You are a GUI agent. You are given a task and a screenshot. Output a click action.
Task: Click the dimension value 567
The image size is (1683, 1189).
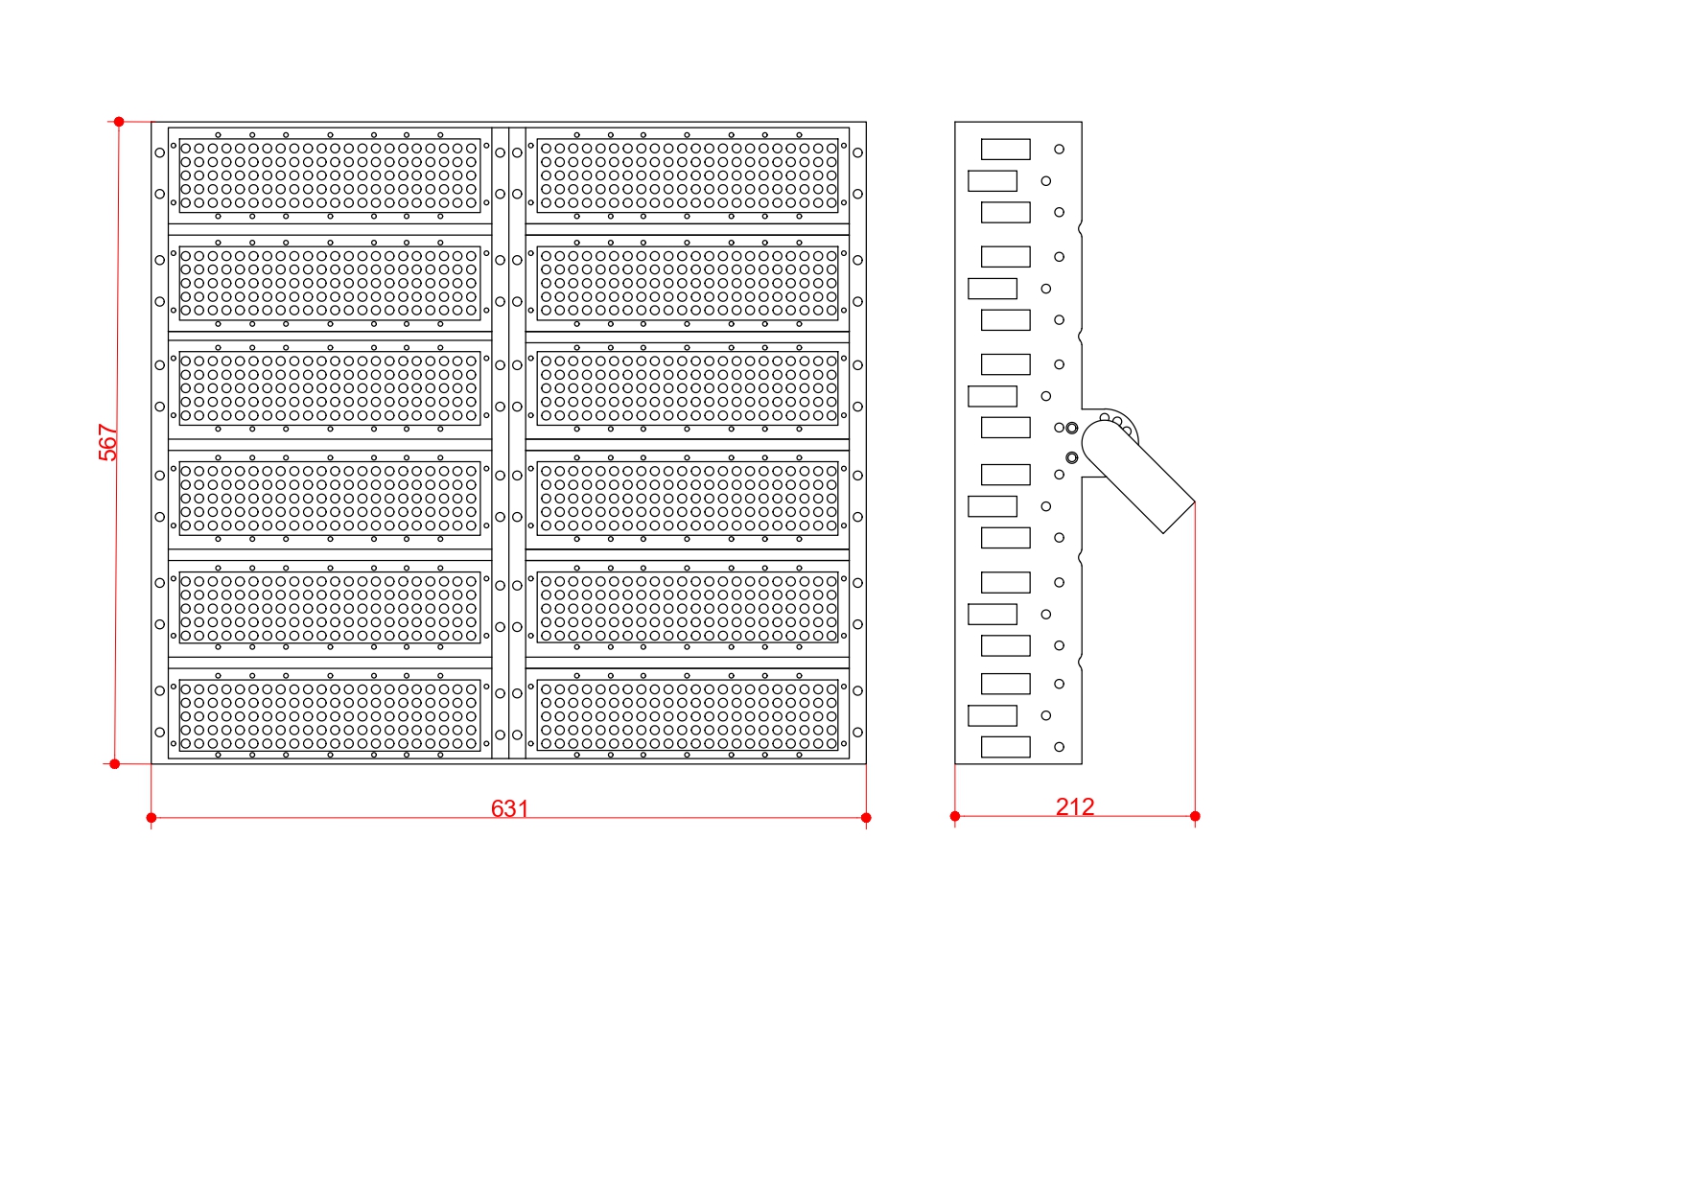pos(108,442)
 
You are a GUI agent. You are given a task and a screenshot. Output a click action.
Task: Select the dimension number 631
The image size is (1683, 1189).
pos(509,808)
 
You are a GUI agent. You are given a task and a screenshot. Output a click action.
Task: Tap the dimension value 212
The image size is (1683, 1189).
pos(1075,806)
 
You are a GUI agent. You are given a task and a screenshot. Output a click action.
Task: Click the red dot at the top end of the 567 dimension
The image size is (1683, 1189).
pos(119,122)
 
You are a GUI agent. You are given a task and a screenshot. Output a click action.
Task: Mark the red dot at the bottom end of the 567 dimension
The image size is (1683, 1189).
pos(115,764)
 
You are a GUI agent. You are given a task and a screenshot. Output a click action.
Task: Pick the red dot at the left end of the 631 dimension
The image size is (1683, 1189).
pos(152,818)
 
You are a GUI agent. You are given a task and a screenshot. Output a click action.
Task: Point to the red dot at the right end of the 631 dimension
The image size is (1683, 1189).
pos(866,818)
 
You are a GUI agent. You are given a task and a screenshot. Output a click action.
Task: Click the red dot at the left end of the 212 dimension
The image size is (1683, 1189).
pos(955,816)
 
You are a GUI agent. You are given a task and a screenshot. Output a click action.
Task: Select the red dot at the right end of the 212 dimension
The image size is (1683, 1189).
pos(1195,816)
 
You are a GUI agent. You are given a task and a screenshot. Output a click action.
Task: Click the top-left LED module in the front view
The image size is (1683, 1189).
pos(330,175)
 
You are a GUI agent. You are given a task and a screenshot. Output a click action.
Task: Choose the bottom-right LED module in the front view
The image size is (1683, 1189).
pos(688,715)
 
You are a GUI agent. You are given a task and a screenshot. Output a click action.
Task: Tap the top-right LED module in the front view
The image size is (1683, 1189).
pos(688,175)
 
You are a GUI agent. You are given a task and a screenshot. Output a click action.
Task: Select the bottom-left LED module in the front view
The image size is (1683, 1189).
pos(330,715)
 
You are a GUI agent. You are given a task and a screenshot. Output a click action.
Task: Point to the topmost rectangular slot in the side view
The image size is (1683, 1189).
pos(1006,150)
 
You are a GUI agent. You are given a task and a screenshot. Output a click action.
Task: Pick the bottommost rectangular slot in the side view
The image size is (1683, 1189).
pos(1006,747)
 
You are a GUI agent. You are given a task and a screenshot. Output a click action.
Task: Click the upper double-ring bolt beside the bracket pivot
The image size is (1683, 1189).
pos(1072,428)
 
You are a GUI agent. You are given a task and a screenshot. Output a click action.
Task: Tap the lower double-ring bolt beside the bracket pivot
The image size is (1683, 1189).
pos(1072,458)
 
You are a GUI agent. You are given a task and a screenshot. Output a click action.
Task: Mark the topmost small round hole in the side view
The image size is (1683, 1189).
pos(1060,150)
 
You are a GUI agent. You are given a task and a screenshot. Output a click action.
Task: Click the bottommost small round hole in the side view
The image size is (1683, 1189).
pos(1060,747)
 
